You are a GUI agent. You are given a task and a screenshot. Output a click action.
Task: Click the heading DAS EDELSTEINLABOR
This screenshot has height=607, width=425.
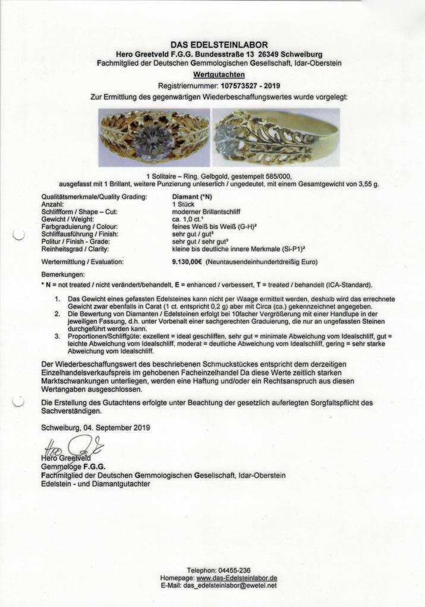click(219, 45)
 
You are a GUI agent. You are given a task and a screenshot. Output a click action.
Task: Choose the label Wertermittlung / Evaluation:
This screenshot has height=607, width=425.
click(83, 262)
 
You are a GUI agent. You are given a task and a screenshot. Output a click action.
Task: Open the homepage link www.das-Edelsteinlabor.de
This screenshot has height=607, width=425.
click(237, 578)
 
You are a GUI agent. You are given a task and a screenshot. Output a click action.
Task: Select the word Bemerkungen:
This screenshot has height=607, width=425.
click(64, 275)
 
